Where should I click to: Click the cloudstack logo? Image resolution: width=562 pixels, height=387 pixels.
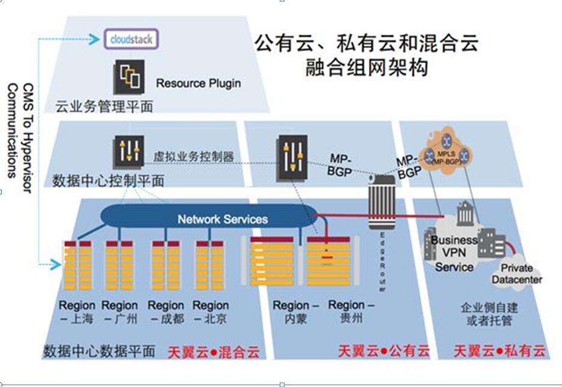coord(131,40)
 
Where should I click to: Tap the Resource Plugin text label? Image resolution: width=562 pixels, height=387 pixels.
coord(198,83)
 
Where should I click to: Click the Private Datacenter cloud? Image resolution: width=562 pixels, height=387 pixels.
coord(516,274)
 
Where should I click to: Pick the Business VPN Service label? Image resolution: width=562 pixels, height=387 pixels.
coord(454,253)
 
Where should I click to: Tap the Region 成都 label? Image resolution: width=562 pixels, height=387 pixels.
coord(165,312)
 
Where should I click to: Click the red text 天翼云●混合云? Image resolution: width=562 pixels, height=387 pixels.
coord(213,351)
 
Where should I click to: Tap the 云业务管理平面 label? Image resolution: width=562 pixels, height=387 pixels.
coord(104,107)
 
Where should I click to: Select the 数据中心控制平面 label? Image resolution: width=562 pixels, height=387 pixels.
coord(108,180)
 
